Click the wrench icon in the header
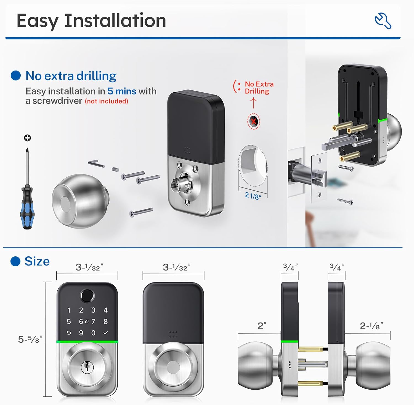[x=383, y=21]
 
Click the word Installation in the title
[x=115, y=21]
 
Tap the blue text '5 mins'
[x=122, y=91]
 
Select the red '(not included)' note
[x=107, y=101]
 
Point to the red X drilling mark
[x=254, y=121]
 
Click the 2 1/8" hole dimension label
[x=253, y=196]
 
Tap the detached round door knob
[x=80, y=201]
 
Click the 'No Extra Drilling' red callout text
[x=259, y=88]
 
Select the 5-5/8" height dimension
[x=30, y=339]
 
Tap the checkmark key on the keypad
[x=105, y=333]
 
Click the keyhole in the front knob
[x=87, y=367]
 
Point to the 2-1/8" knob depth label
[x=371, y=326]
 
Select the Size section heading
[x=37, y=261]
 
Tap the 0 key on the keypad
[x=93, y=333]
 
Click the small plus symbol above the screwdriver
[x=27, y=138]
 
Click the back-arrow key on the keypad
[x=69, y=333]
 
